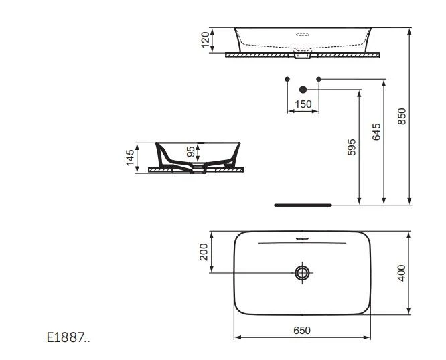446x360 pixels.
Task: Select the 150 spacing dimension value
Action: click(303, 104)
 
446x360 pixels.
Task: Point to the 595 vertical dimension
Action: click(352, 147)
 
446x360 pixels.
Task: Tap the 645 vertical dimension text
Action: click(376, 131)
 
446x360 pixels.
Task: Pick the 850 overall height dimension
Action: click(401, 117)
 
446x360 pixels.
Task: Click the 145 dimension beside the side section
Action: click(130, 158)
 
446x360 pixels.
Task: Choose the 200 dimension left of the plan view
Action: click(204, 252)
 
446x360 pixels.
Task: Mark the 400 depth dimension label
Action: click(401, 273)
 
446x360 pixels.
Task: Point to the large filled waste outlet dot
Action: click(303, 88)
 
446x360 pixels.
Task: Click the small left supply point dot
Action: click(287, 79)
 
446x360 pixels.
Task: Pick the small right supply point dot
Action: click(319, 79)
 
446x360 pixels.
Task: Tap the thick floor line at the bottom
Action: click(303, 205)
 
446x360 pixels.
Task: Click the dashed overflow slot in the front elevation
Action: click(303, 32)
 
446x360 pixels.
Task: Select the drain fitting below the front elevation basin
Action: click(303, 56)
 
